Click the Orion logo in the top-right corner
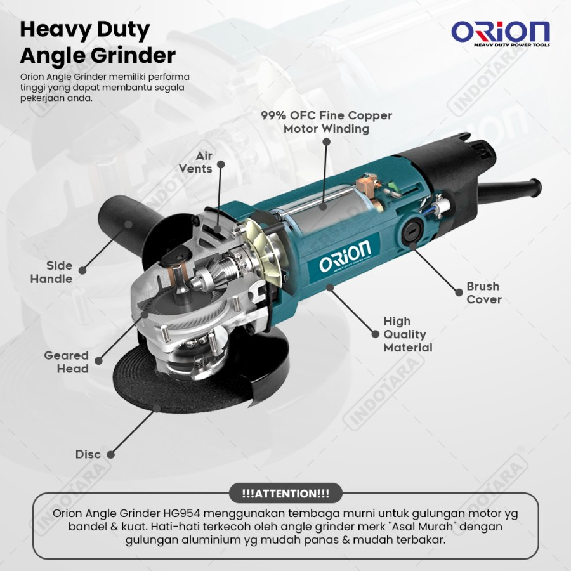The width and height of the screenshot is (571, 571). click(x=501, y=33)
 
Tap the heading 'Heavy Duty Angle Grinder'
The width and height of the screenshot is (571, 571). click(x=98, y=43)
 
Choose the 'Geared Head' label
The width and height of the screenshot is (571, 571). click(x=66, y=362)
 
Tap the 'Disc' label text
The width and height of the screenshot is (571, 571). click(x=88, y=454)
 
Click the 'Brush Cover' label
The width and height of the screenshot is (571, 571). click(x=483, y=292)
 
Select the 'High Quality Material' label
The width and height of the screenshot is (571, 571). click(x=407, y=334)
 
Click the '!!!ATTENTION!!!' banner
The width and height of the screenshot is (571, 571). click(x=285, y=493)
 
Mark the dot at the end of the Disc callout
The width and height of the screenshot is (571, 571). click(x=110, y=454)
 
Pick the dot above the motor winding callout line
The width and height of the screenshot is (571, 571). click(x=327, y=141)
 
